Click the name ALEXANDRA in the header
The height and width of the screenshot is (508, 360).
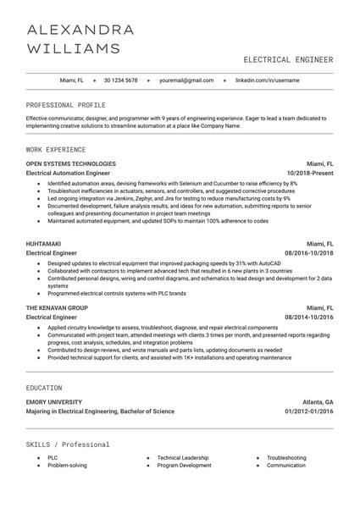coord(80,30)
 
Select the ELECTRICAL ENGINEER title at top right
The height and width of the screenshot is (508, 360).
coord(288,60)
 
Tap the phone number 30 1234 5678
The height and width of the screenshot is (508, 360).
coord(120,80)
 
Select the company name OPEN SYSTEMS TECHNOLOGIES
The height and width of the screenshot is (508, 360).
coord(71,163)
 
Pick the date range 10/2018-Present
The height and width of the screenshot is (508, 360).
coord(310,173)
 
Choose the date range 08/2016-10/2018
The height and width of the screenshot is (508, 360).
coord(308,252)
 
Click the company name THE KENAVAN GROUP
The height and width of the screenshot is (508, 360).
coord(57,306)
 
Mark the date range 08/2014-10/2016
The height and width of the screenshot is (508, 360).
coord(308,317)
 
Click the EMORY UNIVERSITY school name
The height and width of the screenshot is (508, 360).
coord(54,401)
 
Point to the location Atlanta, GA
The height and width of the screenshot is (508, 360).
coord(318,401)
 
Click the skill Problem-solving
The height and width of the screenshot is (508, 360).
coord(67,465)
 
